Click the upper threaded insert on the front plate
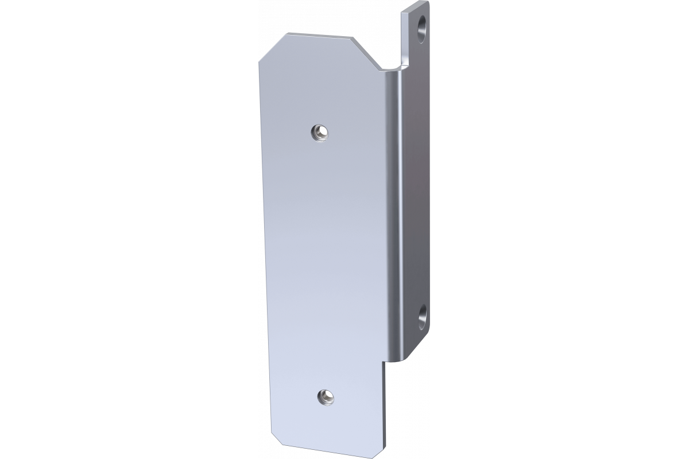(320, 133)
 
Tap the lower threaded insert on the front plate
(326, 395)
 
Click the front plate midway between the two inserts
(323, 264)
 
